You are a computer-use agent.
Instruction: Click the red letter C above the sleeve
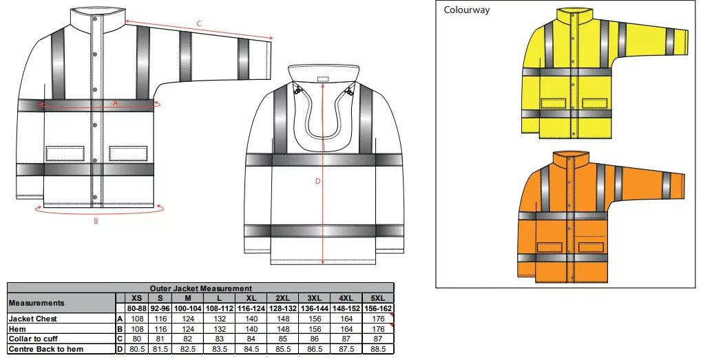(200, 23)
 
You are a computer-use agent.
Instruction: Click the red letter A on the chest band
(116, 103)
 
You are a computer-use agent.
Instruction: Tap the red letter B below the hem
(96, 221)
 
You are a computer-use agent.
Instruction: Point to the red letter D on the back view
(318, 181)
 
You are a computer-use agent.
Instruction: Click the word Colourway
(466, 10)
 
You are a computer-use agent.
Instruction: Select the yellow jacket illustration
(605, 72)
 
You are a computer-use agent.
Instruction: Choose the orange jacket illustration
(602, 217)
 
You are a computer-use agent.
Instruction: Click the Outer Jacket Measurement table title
(201, 288)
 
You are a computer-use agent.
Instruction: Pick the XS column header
(137, 298)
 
